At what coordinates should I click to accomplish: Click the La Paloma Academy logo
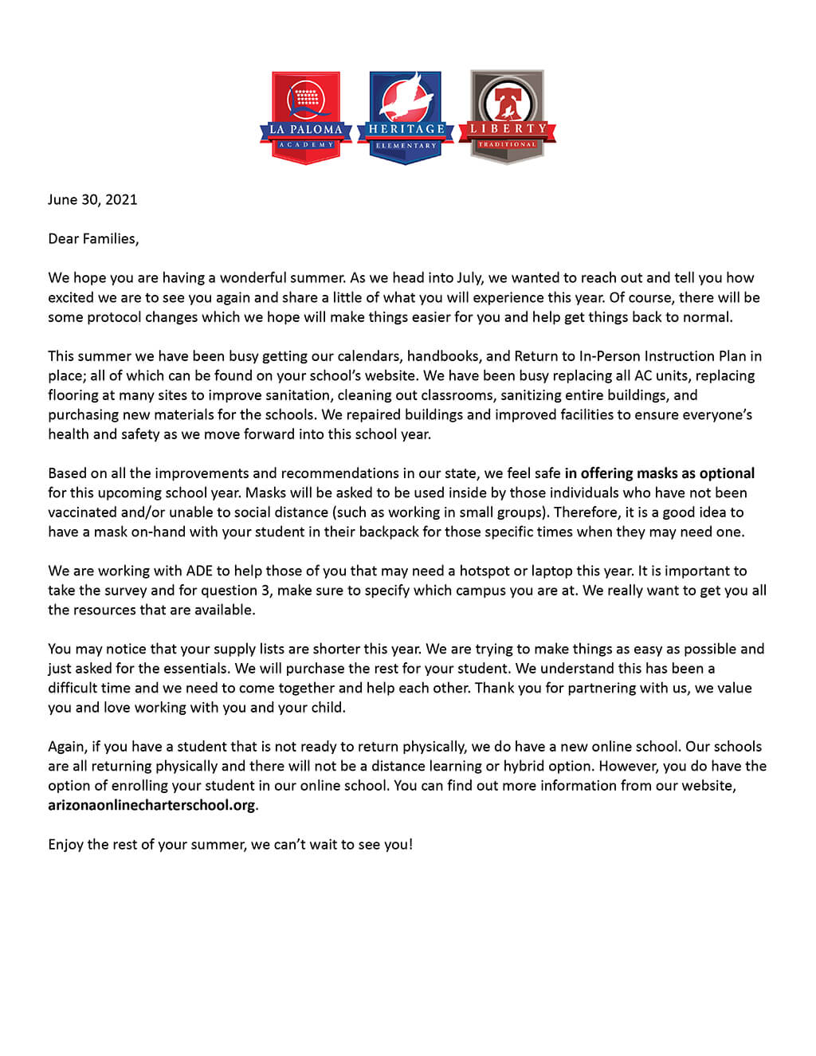point(306,117)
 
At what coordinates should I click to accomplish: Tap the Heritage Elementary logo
point(406,117)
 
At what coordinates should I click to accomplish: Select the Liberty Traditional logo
point(507,117)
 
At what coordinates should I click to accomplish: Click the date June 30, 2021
point(92,199)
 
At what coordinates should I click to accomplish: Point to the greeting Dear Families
point(93,238)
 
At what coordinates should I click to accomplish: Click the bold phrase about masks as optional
point(659,473)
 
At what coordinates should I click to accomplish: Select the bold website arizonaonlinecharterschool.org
point(151,805)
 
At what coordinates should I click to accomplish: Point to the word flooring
point(74,395)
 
